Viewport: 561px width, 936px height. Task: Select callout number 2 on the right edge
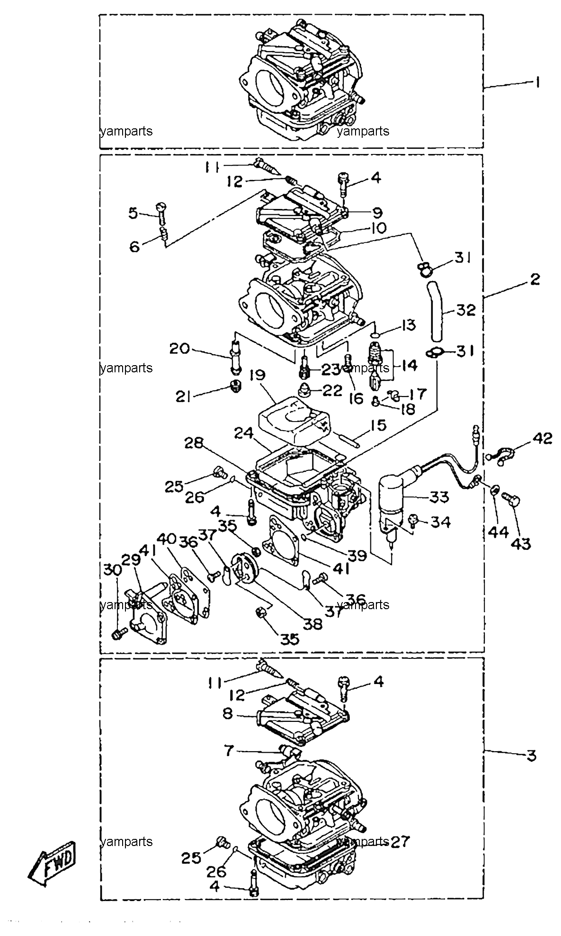(534, 279)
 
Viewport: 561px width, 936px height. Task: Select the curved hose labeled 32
(435, 311)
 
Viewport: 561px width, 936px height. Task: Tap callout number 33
(440, 497)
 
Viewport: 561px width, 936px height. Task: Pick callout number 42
(541, 439)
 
